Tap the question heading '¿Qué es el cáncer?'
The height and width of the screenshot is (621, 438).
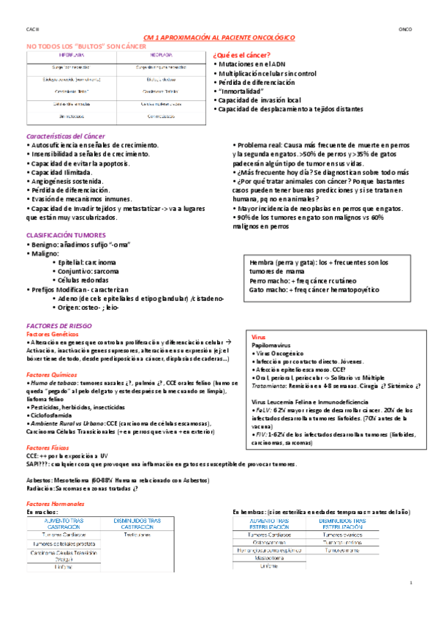tap(241, 56)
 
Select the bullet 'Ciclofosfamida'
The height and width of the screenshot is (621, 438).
tap(56, 415)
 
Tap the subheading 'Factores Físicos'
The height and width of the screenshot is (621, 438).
tap(48, 447)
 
